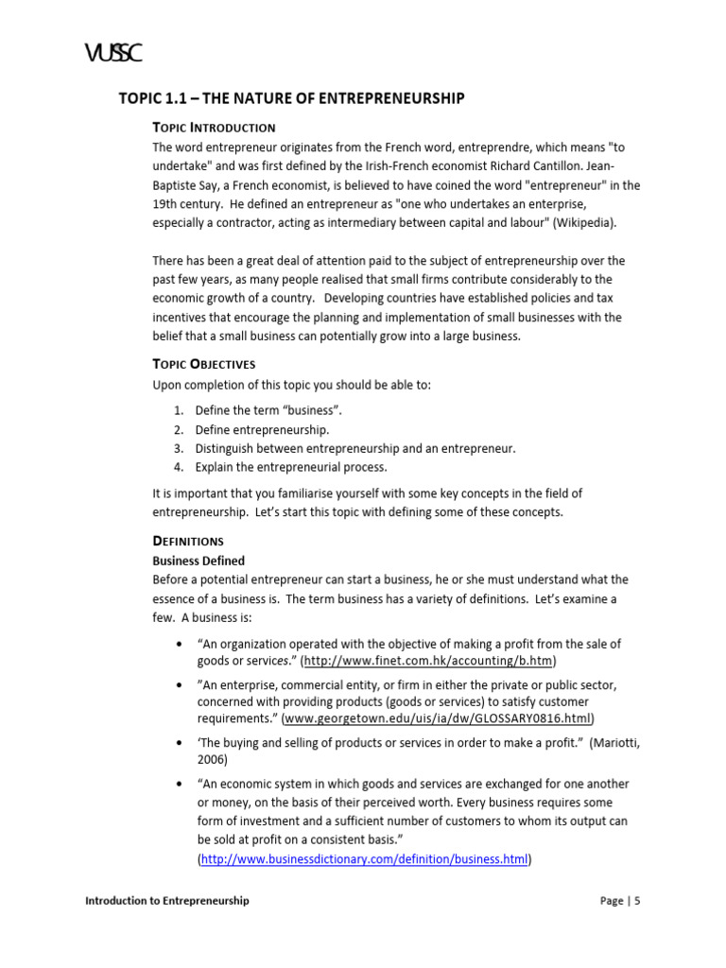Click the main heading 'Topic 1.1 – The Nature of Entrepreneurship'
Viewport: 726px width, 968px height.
[x=291, y=99]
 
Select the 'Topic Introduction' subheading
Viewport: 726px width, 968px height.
[x=214, y=128]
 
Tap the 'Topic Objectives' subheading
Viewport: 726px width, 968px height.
[x=204, y=364]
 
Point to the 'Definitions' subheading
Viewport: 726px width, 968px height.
[x=188, y=541]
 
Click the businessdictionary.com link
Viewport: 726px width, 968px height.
[x=365, y=860]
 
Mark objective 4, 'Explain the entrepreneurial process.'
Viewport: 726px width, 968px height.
[x=291, y=467]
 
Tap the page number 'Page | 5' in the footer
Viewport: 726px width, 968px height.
[x=620, y=901]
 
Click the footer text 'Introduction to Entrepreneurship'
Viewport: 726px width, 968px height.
[x=167, y=901]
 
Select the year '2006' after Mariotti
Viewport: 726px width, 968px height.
[x=212, y=759]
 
